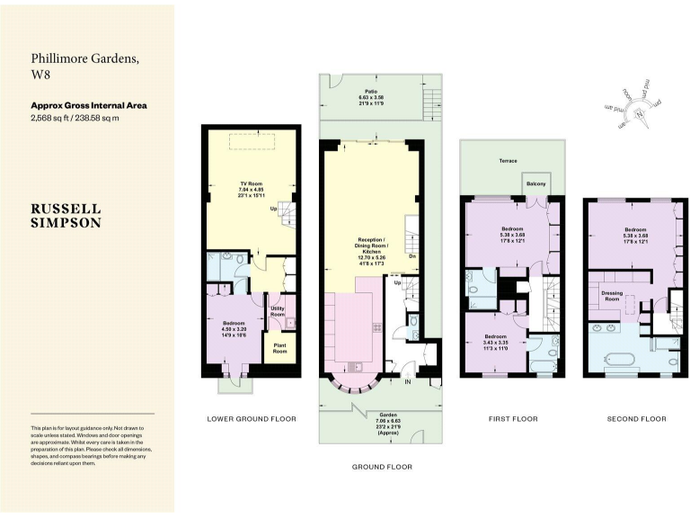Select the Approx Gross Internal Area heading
(88, 105)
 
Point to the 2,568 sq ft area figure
(54, 118)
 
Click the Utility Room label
(278, 311)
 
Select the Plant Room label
(279, 349)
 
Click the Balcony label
(535, 184)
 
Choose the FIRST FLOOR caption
(512, 418)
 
